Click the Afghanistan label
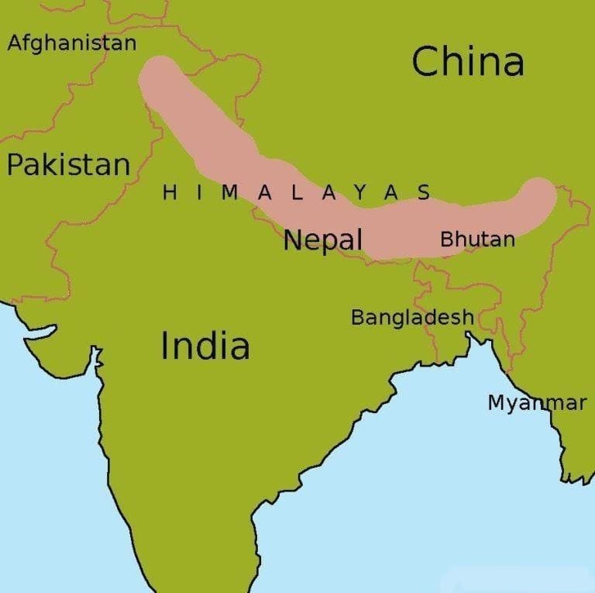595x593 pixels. pos(71,43)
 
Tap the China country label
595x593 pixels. pos(467,62)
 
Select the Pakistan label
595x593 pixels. pos(68,164)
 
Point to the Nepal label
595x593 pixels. pos(323,240)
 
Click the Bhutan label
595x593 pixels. pos(477,239)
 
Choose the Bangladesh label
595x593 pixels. pos(412,317)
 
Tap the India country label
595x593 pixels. pos(205,346)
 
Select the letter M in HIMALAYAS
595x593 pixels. pos(229,194)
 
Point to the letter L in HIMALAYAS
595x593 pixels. pos(296,194)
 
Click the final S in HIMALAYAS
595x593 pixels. pos(423,194)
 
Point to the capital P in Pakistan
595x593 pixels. pos(17,164)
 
